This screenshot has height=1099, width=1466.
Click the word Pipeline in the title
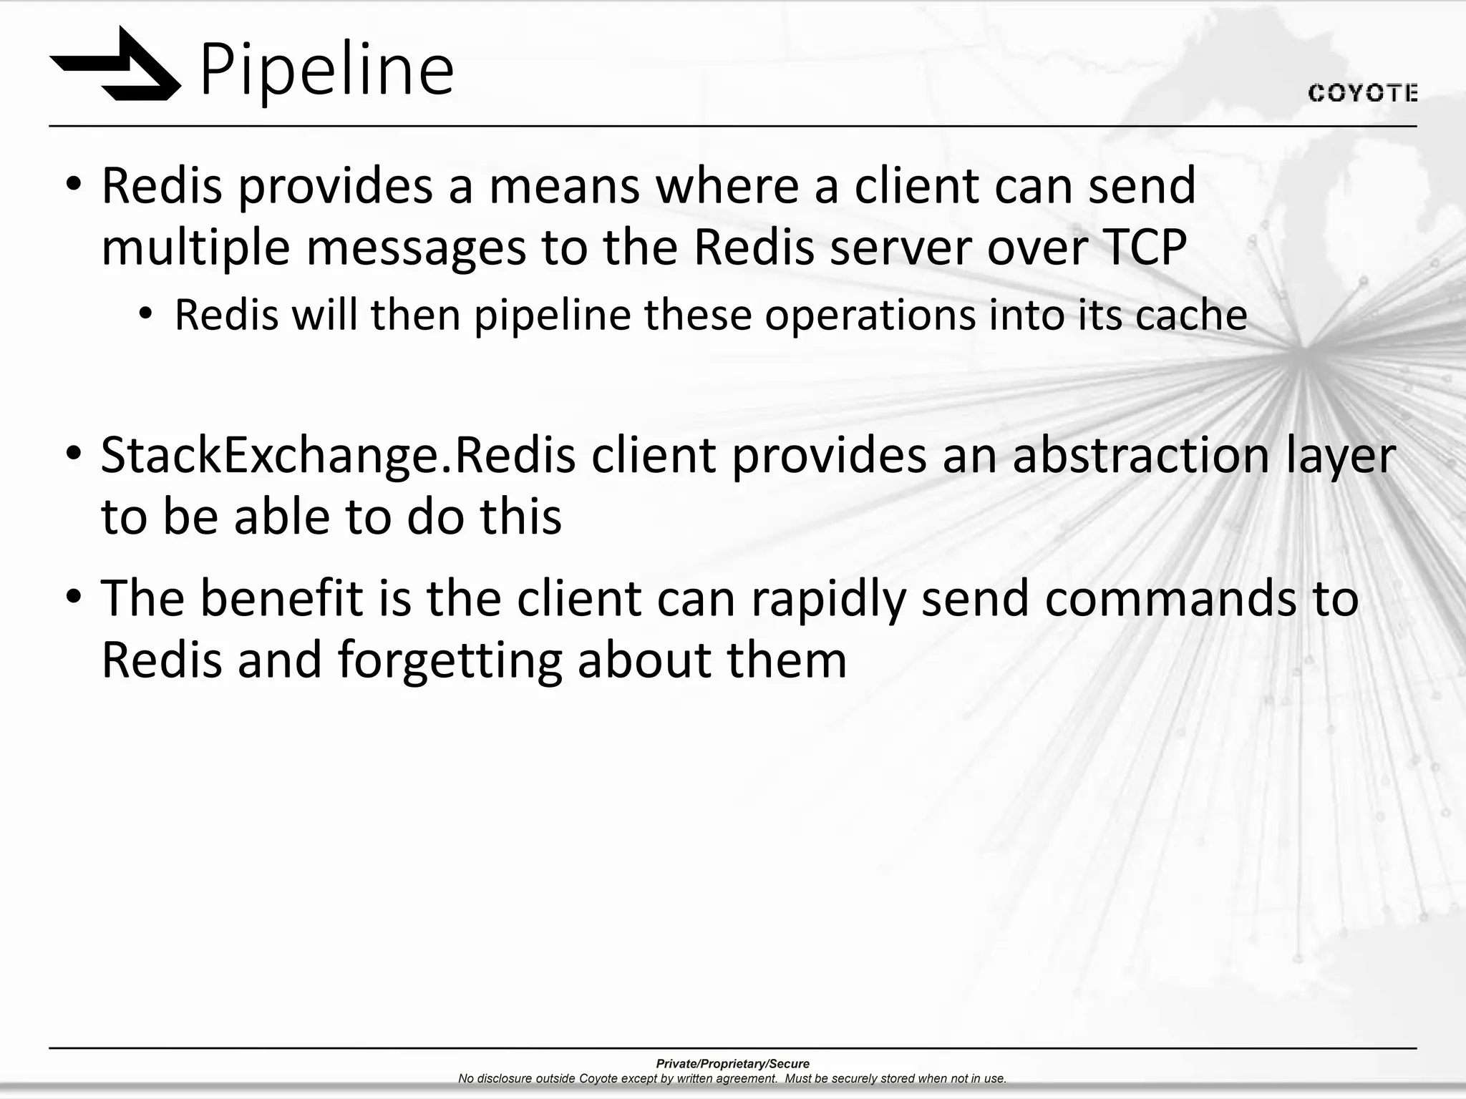326,70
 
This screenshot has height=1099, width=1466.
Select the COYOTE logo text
1362,94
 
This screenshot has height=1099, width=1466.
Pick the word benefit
281,598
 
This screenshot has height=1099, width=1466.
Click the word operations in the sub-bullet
870,316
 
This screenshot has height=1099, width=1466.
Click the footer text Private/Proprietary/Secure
732,1064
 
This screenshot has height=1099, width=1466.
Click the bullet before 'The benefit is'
74,597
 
